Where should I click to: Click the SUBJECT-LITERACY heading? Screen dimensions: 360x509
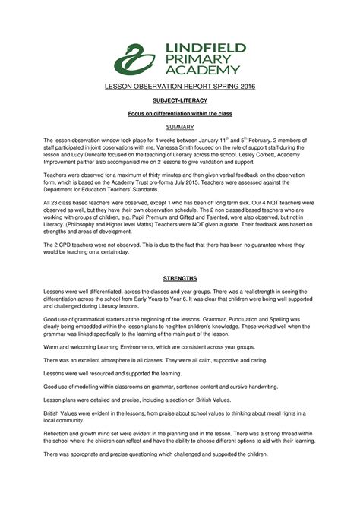click(178, 101)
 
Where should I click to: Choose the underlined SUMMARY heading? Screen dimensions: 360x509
click(179, 126)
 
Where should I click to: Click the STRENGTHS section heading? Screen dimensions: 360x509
click(179, 279)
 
